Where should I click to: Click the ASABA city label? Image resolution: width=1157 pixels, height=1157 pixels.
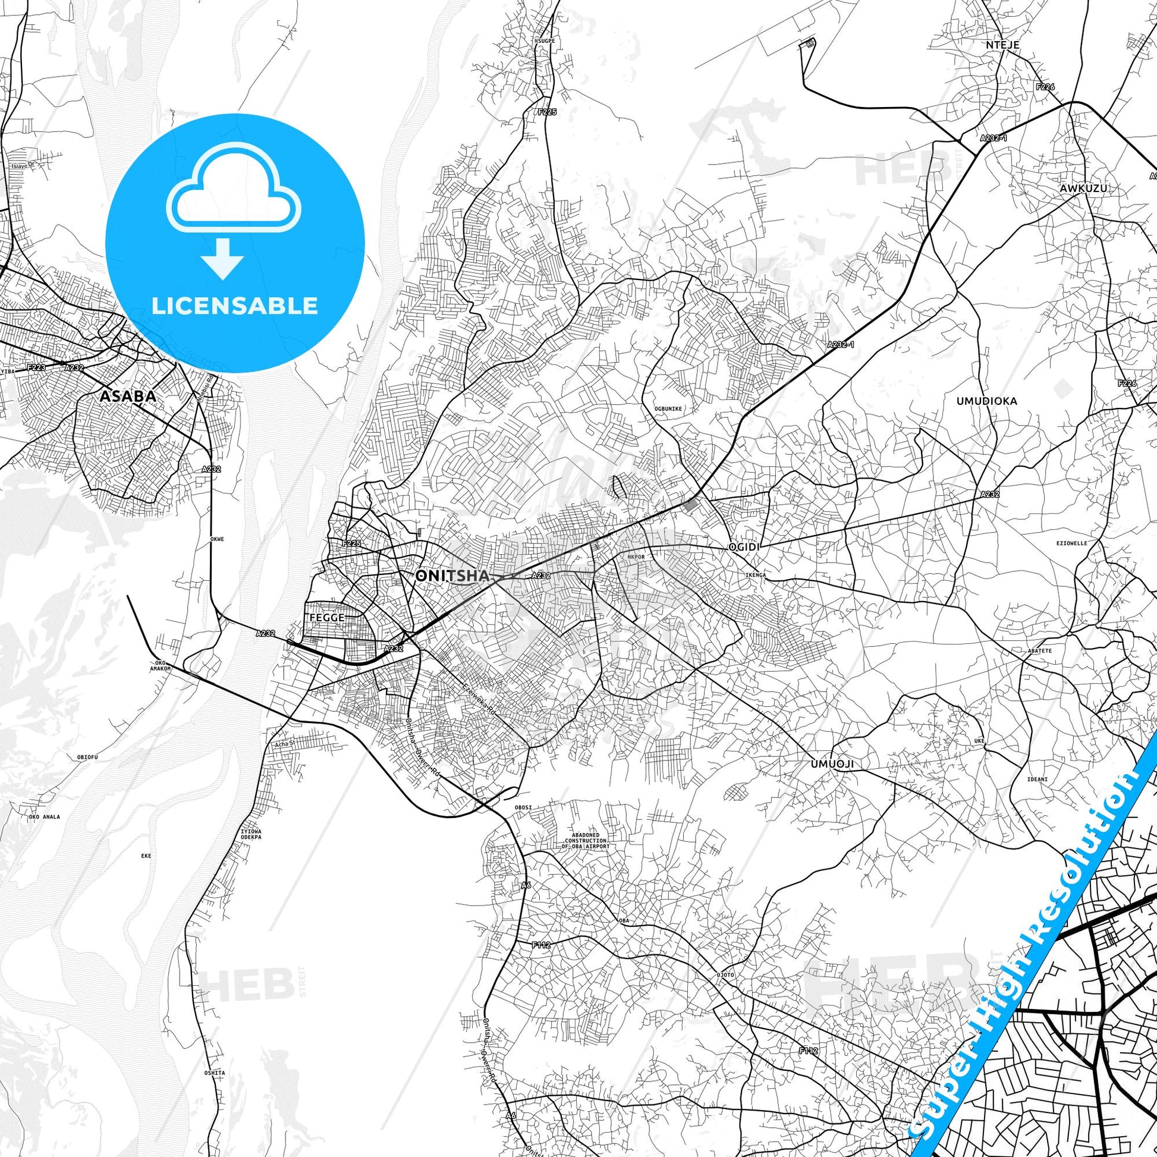tap(128, 397)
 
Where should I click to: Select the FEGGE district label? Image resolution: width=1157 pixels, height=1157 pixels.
tap(327, 617)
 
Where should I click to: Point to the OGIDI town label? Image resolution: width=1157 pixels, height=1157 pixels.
tap(743, 548)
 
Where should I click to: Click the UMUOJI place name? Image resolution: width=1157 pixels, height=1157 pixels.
tap(832, 764)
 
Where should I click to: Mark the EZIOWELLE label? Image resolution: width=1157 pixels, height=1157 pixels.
tap(1071, 543)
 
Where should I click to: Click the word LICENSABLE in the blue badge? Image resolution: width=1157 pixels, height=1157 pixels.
tap(234, 306)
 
